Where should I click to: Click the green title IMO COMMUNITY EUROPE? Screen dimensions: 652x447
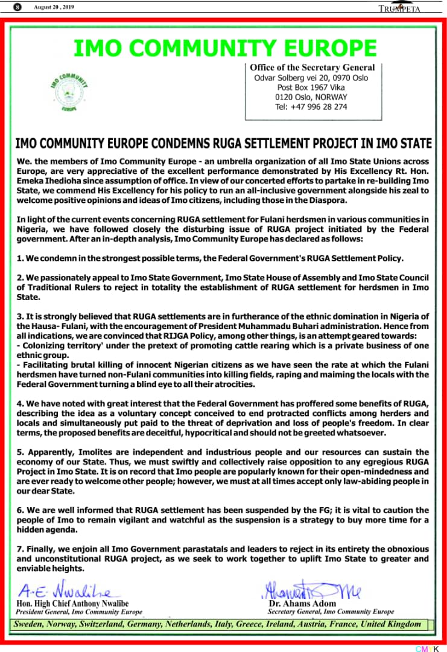click(x=224, y=48)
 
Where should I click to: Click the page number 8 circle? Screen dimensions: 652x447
click(x=18, y=7)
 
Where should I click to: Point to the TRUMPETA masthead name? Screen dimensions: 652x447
click(x=399, y=8)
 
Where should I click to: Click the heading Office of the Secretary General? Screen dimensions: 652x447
click(x=312, y=68)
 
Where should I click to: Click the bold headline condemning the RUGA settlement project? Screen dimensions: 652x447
click(x=223, y=144)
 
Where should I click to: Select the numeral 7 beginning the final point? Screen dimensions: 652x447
click(x=19, y=549)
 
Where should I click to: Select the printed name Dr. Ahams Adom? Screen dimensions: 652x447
click(x=300, y=604)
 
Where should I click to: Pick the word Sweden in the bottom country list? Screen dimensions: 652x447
click(x=30, y=624)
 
